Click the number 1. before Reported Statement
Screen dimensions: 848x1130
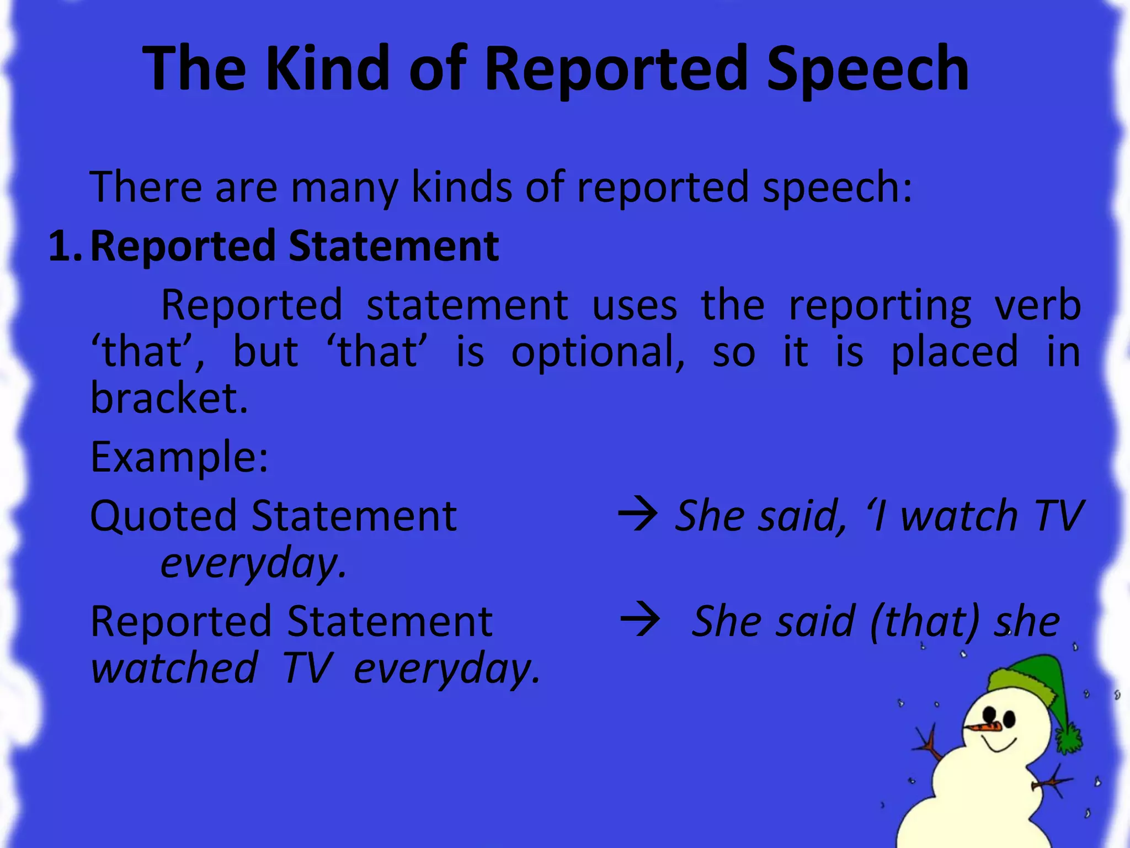click(x=65, y=246)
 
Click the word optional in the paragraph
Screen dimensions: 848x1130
click(x=598, y=352)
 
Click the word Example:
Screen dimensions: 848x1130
click(x=179, y=457)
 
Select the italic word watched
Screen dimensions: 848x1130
click(x=174, y=668)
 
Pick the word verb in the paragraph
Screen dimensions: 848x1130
click(x=1037, y=305)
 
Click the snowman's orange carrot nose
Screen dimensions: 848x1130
click(x=985, y=727)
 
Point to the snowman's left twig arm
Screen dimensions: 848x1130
click(x=930, y=745)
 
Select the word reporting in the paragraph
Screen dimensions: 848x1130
click(x=880, y=305)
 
